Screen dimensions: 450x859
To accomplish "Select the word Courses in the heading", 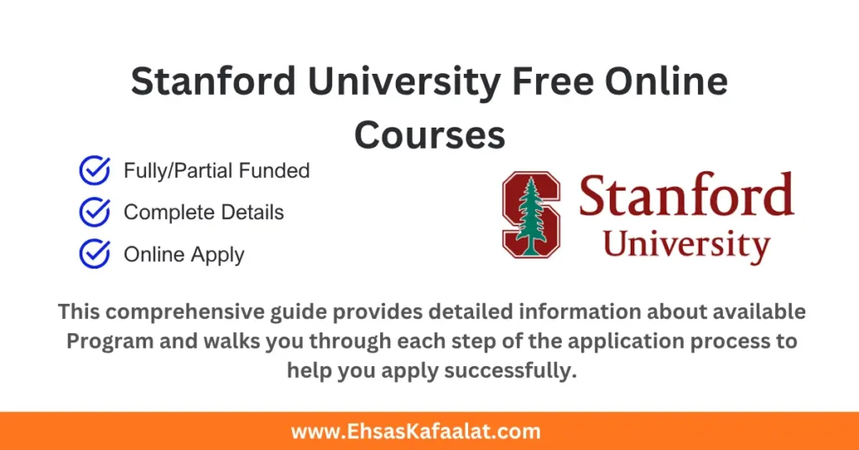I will [x=429, y=134].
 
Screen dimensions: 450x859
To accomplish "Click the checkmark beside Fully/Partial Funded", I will [x=94, y=171].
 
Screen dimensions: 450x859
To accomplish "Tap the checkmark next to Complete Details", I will [x=94, y=212].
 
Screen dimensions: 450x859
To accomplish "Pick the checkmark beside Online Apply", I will [x=94, y=254].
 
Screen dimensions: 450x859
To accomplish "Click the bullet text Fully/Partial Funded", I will [x=216, y=171].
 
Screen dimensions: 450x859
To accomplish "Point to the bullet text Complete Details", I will [x=204, y=212].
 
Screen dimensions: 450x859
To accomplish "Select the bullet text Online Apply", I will [x=184, y=254].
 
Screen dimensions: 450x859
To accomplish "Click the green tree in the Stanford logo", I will [x=529, y=215].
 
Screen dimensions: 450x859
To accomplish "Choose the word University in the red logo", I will [x=686, y=244].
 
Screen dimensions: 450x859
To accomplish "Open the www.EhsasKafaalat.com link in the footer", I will [x=416, y=432].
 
